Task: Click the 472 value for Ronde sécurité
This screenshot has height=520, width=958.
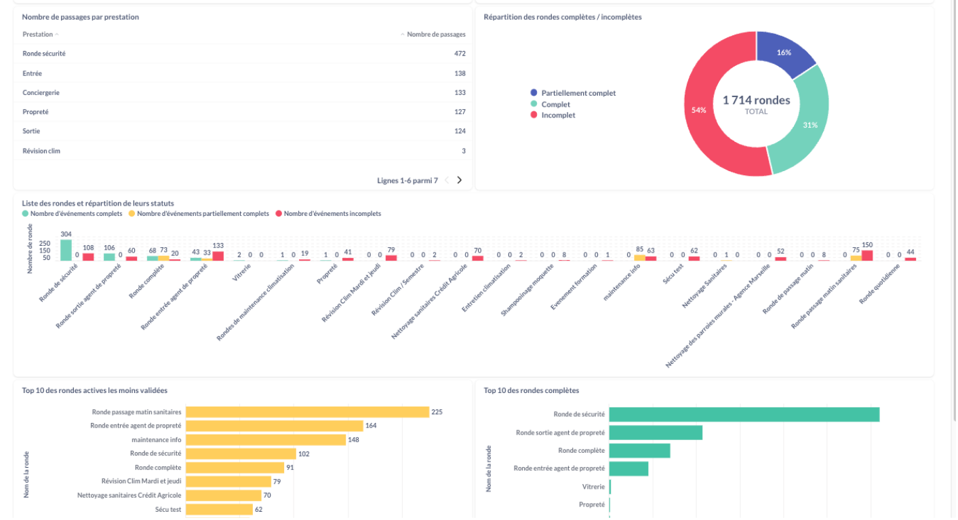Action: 460,54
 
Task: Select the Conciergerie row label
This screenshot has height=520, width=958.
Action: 41,92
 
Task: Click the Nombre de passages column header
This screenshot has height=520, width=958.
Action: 436,34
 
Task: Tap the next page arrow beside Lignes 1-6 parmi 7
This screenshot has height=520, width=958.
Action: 459,180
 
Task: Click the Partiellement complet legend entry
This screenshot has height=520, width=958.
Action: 573,93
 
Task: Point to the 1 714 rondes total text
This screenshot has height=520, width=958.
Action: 756,100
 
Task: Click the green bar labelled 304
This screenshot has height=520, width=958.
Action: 66,250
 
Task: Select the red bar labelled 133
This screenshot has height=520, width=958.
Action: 218,256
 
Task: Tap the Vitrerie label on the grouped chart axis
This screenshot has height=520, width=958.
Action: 241,272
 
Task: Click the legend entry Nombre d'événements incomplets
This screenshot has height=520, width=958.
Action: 328,214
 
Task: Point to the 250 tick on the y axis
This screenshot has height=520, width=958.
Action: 45,243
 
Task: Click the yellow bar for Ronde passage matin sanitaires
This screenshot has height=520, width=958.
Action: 308,412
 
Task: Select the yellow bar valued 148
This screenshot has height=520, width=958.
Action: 266,440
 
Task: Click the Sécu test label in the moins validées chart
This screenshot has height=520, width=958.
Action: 168,509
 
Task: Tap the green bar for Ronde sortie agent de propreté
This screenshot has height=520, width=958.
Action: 656,432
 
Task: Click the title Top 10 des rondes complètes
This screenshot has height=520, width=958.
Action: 531,390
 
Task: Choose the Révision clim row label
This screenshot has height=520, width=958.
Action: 41,151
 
